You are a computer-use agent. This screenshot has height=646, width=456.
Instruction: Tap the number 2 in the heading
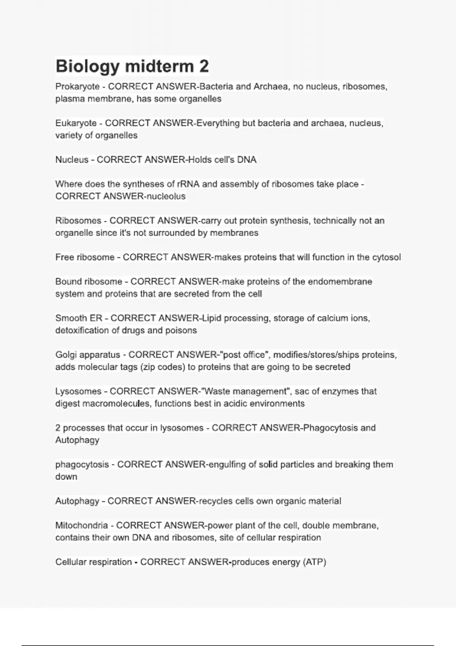(x=204, y=66)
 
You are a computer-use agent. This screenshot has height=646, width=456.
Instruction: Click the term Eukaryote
(x=76, y=123)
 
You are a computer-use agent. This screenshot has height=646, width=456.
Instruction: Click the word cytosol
(x=386, y=257)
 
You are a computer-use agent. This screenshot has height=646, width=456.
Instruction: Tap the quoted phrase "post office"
(x=245, y=355)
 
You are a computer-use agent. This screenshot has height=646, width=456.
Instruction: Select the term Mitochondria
(x=82, y=526)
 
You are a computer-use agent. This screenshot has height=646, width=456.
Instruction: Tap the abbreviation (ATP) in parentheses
(x=314, y=562)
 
